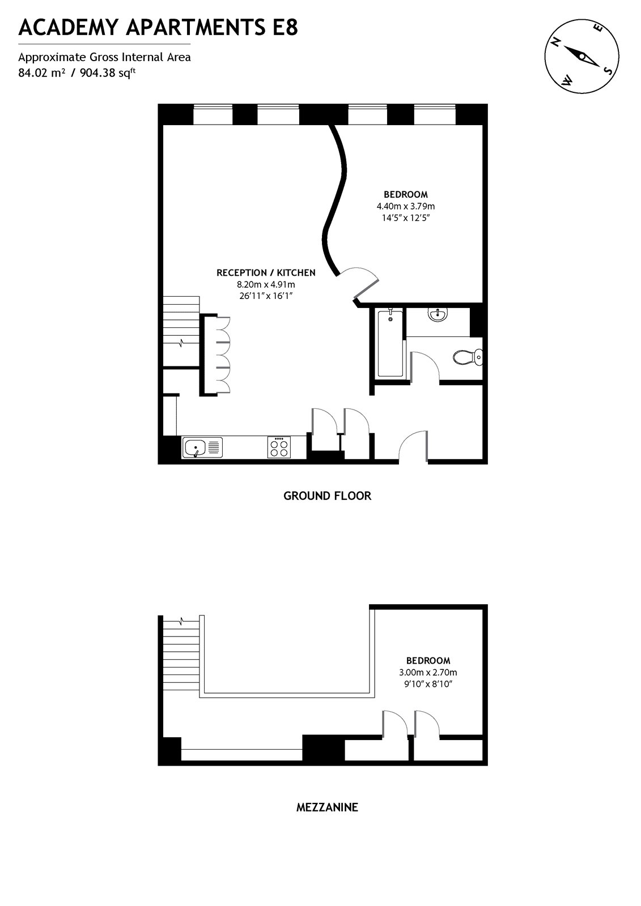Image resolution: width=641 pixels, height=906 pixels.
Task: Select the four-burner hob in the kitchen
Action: coord(279,447)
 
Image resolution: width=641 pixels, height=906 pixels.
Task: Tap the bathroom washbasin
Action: coord(438,314)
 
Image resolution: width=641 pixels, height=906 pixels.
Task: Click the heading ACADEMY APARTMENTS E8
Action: coord(158,27)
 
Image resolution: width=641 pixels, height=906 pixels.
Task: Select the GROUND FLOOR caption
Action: coord(327,496)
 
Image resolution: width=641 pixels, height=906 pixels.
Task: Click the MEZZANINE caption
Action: coord(327,807)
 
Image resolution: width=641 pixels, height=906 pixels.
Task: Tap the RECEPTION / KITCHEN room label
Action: coord(266,273)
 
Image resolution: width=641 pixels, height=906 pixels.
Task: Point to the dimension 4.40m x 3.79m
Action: coord(405,206)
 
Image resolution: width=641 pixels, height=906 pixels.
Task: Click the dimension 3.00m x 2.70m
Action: coord(428,673)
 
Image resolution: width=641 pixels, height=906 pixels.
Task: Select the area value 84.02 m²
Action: coord(42,72)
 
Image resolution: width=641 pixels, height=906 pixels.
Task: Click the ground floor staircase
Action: coord(181,331)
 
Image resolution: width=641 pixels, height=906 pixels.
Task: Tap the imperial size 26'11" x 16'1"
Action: coord(266,296)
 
